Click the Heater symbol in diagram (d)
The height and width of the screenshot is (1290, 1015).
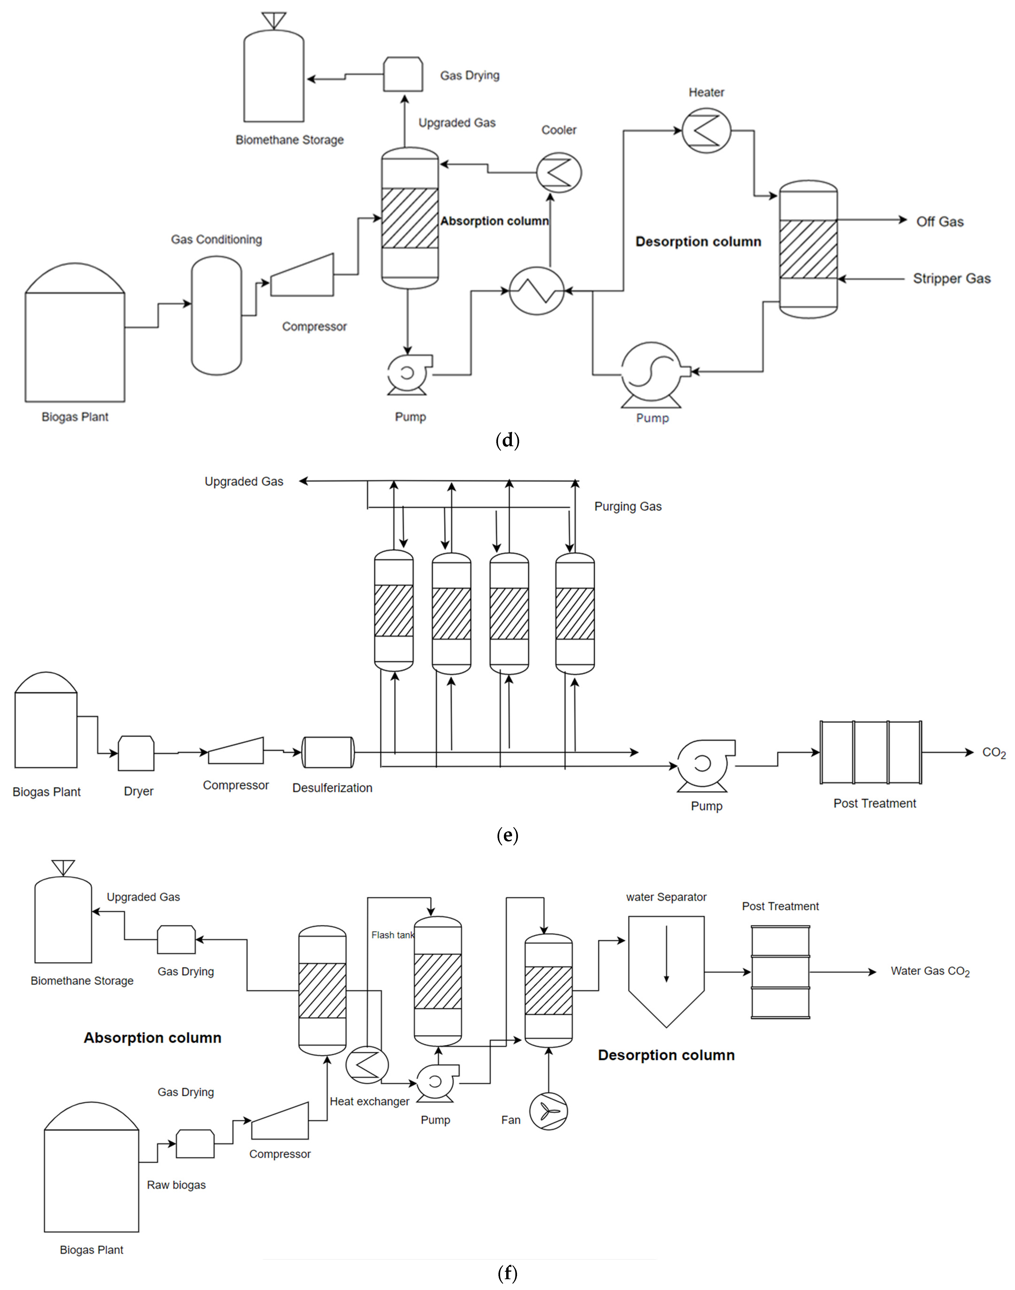[x=706, y=131]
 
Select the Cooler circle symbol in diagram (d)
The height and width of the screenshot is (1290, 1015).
[x=559, y=173]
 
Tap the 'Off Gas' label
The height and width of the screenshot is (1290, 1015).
[x=940, y=222]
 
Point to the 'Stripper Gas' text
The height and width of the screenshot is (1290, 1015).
[x=952, y=278]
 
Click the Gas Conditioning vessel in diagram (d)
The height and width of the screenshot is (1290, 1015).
[x=216, y=315]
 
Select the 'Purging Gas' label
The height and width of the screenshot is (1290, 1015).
[x=628, y=507]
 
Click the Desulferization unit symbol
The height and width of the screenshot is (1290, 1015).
[x=328, y=752]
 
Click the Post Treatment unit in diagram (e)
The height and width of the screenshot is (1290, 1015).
[x=871, y=752]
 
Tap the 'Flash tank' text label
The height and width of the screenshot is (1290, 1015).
[x=392, y=935]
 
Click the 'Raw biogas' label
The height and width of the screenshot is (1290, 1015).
[x=177, y=1185]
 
